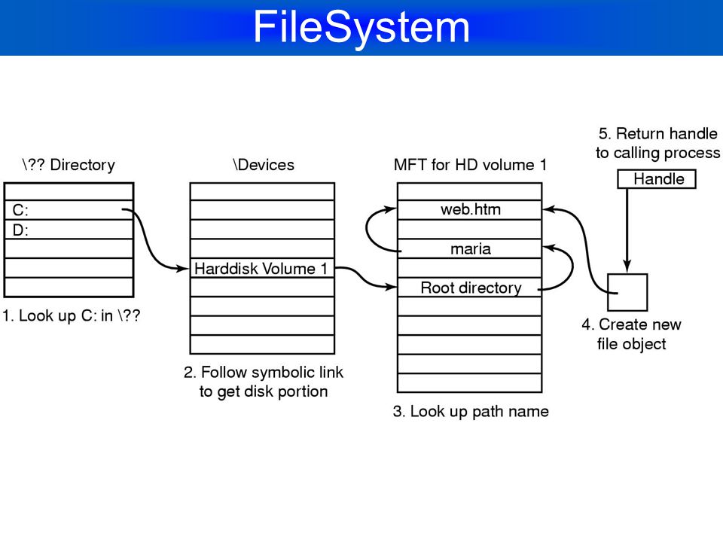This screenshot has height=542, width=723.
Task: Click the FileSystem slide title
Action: (361, 27)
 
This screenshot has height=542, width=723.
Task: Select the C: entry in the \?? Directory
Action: (20, 210)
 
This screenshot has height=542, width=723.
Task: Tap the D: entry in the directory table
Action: (20, 230)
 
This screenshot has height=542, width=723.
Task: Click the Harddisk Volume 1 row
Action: (262, 268)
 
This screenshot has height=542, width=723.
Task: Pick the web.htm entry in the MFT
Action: (470, 209)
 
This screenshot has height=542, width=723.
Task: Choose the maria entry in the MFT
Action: (470, 249)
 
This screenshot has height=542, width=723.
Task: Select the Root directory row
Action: (470, 288)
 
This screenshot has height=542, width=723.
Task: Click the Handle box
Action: (657, 179)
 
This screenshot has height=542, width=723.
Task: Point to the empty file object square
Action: (627, 292)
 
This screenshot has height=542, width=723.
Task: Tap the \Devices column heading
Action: (264, 165)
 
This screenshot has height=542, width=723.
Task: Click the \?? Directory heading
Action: (69, 165)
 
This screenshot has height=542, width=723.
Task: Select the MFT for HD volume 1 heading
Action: (470, 165)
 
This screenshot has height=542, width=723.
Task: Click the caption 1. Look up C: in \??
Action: (71, 315)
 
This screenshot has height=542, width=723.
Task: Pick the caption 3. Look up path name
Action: (471, 411)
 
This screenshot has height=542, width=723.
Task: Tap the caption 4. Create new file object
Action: (631, 334)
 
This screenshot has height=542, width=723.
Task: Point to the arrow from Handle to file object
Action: (627, 230)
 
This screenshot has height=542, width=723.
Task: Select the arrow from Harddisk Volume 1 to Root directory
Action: (365, 278)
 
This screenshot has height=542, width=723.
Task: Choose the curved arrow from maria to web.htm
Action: (367, 230)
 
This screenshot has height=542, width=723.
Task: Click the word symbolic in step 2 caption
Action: (282, 373)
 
